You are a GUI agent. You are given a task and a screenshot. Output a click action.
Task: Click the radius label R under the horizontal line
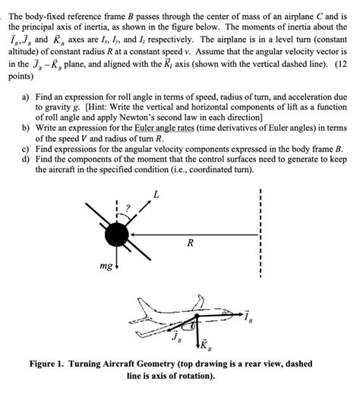point(189,244)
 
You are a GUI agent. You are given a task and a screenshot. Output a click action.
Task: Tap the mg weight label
point(108,267)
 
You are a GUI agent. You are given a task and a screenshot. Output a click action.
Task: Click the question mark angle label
point(130,206)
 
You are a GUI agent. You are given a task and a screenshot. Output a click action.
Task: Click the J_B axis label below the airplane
point(176,335)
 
